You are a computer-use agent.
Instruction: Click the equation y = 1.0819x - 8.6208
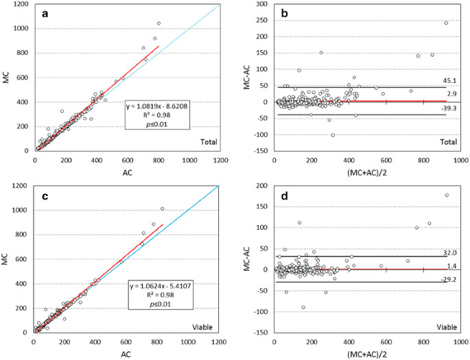[x=159, y=106]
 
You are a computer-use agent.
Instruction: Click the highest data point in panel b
[x=446, y=23]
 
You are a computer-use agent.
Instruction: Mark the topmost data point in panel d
[x=447, y=195]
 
